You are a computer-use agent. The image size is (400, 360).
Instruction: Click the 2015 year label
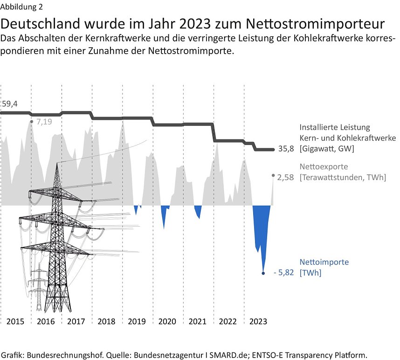tap(15, 321)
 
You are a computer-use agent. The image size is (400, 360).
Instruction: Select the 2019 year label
tap(137, 321)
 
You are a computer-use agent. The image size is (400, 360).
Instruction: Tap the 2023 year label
tap(258, 321)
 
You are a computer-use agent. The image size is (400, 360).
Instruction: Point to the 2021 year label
tap(198, 321)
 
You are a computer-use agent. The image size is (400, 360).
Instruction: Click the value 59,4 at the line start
tap(9, 104)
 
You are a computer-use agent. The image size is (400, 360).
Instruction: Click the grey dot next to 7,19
tap(31, 122)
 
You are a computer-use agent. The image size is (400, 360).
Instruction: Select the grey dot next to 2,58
tap(273, 175)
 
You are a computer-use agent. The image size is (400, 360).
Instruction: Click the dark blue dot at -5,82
tap(263, 273)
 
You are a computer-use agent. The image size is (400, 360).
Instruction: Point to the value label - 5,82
tap(283, 273)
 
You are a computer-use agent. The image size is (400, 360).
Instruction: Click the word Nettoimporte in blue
tap(324, 262)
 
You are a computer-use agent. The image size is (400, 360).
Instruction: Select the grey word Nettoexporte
tap(324, 166)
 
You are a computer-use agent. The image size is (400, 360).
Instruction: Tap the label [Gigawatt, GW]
tap(327, 149)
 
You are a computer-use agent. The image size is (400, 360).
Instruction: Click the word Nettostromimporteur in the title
tap(316, 24)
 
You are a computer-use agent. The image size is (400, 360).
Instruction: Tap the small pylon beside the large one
tap(39, 289)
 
